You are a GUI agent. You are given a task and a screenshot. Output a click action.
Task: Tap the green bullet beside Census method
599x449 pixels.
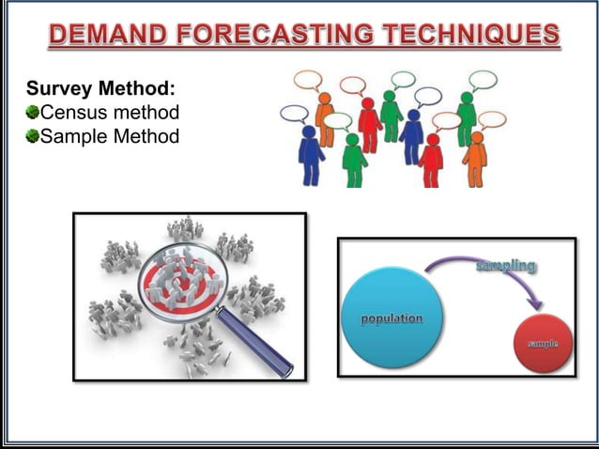click(x=33, y=114)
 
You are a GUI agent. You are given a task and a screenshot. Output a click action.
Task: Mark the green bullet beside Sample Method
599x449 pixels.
click(x=33, y=137)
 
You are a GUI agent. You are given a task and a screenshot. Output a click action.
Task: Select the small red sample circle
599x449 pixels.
click(x=543, y=342)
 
